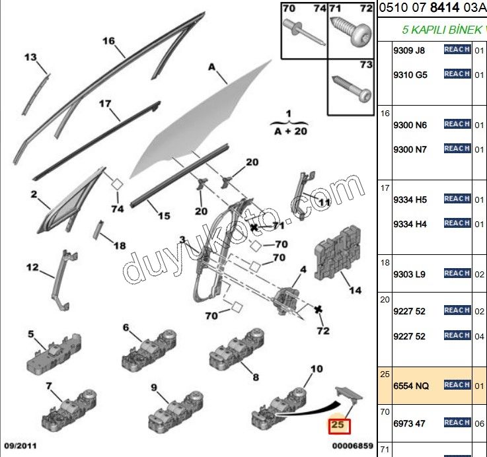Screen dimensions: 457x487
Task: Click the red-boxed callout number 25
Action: click(338, 426)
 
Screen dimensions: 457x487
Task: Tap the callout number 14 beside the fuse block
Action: click(356, 291)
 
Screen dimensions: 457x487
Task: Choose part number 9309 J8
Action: click(410, 50)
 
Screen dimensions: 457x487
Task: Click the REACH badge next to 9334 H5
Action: click(457, 199)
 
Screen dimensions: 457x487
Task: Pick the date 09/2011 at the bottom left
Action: click(21, 446)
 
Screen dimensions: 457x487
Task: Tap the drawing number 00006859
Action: click(352, 446)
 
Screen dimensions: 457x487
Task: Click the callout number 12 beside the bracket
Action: click(32, 267)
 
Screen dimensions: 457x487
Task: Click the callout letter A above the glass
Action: click(212, 67)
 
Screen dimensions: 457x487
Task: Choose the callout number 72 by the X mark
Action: click(322, 330)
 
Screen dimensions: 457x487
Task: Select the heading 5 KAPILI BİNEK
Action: click(443, 30)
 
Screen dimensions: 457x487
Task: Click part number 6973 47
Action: click(410, 423)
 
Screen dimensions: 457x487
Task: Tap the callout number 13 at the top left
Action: click(30, 57)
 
